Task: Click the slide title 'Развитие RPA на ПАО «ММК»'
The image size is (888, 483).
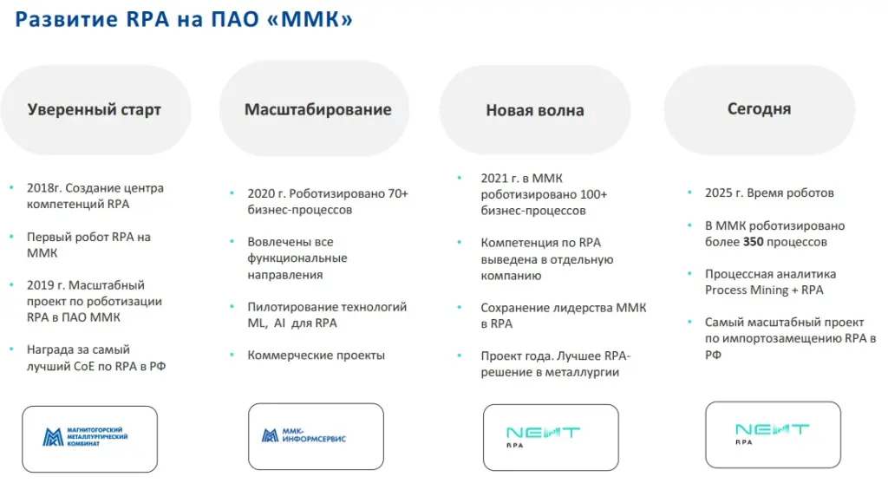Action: click(184, 19)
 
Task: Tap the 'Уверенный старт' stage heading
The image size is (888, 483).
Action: click(95, 110)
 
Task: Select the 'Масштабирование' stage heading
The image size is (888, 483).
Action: click(317, 109)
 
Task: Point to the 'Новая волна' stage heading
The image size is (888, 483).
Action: click(534, 110)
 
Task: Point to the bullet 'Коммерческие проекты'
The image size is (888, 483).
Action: click(316, 356)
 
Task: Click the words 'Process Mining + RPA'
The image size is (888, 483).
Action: click(764, 290)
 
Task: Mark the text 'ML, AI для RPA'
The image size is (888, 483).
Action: click(292, 323)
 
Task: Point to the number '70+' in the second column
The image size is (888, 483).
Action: click(395, 193)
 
